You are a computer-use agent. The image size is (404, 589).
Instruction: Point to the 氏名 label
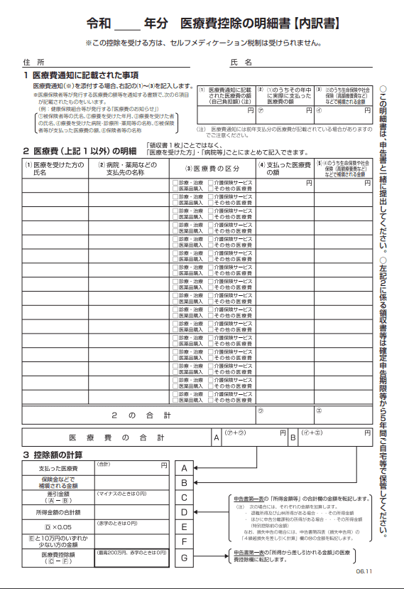click(x=241, y=62)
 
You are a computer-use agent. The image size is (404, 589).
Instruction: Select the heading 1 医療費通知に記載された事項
click(x=81, y=75)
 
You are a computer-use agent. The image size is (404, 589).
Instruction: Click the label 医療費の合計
click(x=117, y=437)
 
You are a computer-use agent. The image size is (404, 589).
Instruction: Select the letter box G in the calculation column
click(x=184, y=557)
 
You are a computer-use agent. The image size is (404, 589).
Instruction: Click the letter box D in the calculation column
click(x=184, y=512)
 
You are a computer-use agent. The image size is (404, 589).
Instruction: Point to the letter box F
click(x=184, y=542)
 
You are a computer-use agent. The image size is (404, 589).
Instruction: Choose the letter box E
click(x=184, y=527)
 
